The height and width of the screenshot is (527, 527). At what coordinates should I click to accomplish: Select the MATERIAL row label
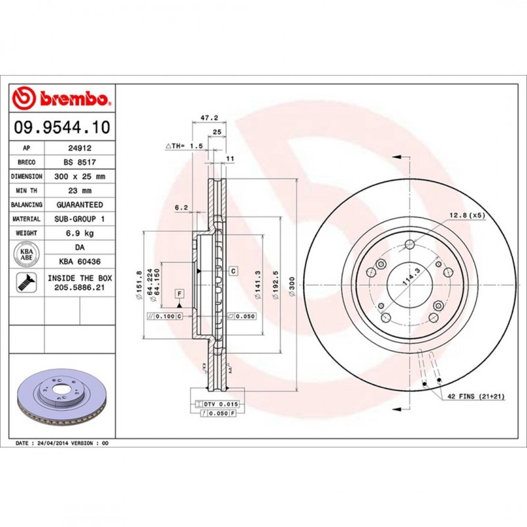coord(27,219)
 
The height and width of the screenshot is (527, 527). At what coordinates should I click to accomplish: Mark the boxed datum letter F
coord(179,292)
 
